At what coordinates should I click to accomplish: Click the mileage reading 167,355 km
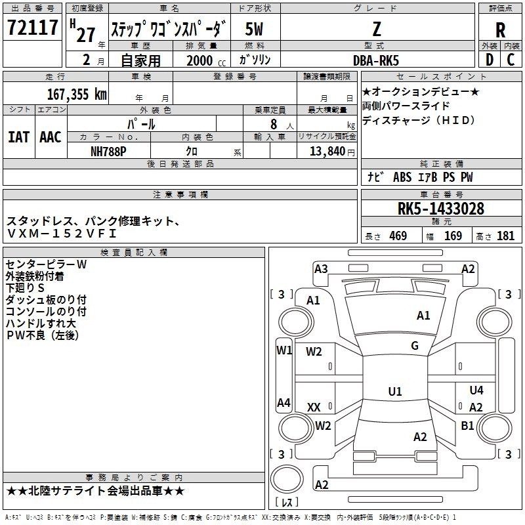(x=76, y=94)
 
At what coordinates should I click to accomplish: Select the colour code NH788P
(x=110, y=150)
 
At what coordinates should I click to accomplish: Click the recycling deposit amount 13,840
(x=326, y=150)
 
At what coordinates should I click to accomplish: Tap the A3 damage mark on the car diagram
(x=321, y=268)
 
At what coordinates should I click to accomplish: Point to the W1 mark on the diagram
(x=283, y=350)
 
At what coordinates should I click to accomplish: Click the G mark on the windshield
(x=415, y=346)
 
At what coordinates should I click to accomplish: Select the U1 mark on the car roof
(x=394, y=392)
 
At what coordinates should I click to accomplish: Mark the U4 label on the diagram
(x=476, y=390)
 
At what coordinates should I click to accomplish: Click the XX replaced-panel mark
(x=314, y=408)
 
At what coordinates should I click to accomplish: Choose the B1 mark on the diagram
(x=467, y=425)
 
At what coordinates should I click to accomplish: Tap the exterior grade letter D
(x=489, y=60)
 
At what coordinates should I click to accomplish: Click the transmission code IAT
(x=18, y=137)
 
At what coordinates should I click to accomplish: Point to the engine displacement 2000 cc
(x=200, y=60)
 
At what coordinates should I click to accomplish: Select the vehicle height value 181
(x=506, y=236)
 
